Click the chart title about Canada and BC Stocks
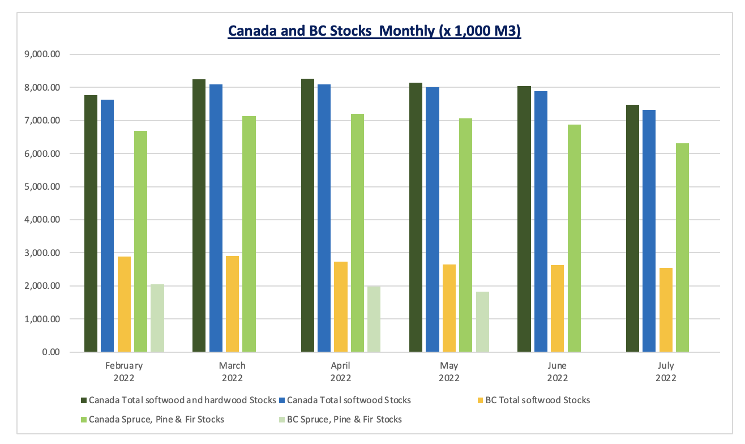pos(374,31)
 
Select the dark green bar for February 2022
pos(91,224)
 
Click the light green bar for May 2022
pos(466,235)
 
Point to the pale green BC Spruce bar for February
pos(157,318)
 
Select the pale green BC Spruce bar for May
pos(482,322)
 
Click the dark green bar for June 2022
pos(524,219)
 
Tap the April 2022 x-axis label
pos(341,372)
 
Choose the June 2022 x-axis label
pos(558,372)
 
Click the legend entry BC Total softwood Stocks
pos(537,400)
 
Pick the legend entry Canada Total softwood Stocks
pos(349,400)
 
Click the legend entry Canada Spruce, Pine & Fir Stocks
pos(156,420)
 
